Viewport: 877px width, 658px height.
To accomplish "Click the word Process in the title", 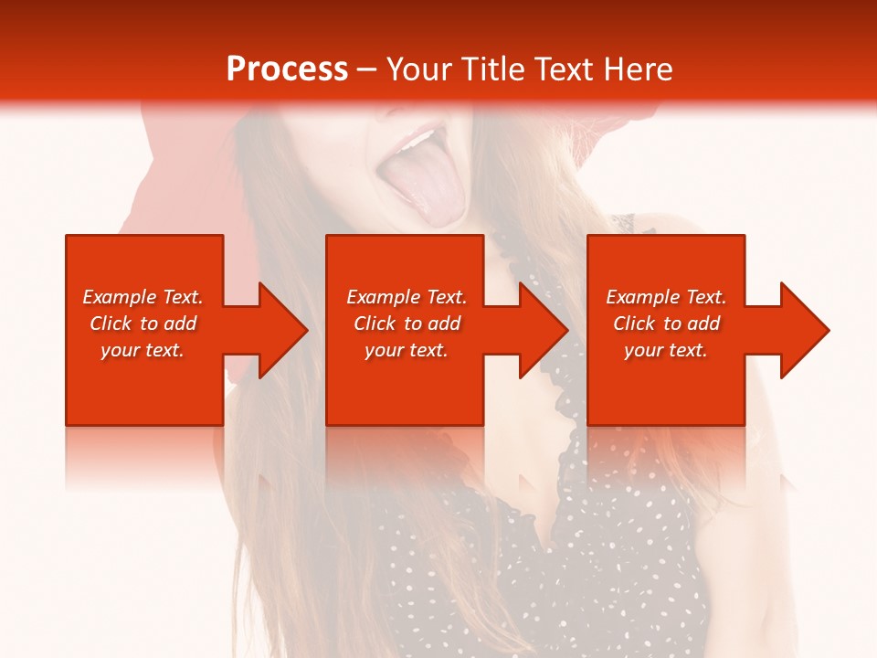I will pyautogui.click(x=287, y=69).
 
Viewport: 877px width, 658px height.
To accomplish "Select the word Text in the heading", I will pyautogui.click(x=565, y=69).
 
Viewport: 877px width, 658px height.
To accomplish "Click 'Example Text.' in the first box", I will pyautogui.click(x=143, y=297).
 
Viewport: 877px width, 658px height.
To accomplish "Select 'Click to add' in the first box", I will pyautogui.click(x=143, y=324).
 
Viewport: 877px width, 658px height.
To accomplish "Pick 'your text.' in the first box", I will pyautogui.click(x=143, y=350).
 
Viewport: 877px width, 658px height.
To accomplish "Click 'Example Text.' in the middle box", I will pyautogui.click(x=406, y=297).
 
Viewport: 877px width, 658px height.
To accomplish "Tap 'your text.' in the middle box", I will pyautogui.click(x=406, y=350).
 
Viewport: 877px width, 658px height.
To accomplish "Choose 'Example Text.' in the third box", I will pyautogui.click(x=666, y=297).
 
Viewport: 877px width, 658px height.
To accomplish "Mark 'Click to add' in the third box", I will pyautogui.click(x=666, y=324).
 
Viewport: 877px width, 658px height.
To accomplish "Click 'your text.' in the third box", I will pyautogui.click(x=666, y=350).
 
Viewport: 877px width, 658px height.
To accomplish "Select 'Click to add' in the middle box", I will pyautogui.click(x=406, y=324).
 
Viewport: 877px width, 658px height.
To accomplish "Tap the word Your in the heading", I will pyautogui.click(x=417, y=69).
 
